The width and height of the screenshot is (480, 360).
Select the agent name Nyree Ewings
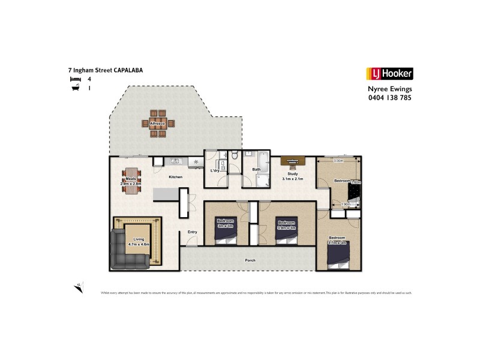click(389, 89)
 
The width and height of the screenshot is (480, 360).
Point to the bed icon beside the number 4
click(74, 79)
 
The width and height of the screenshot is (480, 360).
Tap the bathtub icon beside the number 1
click(74, 88)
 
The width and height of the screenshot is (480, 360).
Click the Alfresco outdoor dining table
click(159, 123)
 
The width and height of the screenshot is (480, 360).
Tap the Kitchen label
click(175, 178)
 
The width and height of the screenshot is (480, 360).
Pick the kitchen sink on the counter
click(175, 161)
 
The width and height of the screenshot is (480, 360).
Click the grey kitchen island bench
click(166, 194)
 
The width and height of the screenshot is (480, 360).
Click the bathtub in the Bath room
click(263, 161)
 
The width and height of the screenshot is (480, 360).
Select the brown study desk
click(293, 160)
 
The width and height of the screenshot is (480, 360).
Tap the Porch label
click(251, 260)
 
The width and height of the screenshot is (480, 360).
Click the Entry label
click(192, 232)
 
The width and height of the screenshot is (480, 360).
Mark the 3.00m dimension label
click(338, 161)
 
